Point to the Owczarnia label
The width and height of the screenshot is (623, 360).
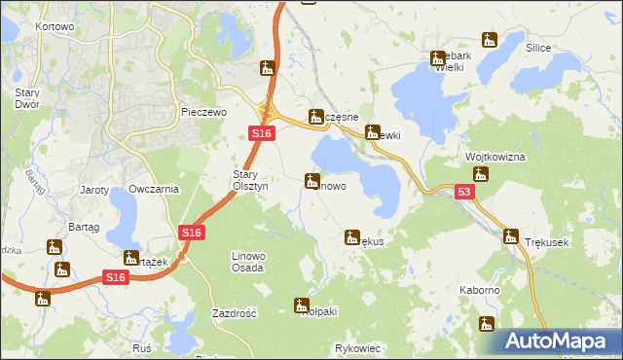[154, 189]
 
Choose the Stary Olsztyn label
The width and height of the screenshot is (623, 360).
[243, 181]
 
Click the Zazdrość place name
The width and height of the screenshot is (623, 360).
[234, 314]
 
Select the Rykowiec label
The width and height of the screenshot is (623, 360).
[357, 347]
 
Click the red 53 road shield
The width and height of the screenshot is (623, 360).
[465, 193]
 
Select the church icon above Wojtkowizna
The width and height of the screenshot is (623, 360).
[480, 174]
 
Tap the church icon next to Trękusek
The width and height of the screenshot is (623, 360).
[510, 235]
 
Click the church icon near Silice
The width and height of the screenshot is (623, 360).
[490, 40]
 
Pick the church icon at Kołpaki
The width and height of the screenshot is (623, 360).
[302, 305]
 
